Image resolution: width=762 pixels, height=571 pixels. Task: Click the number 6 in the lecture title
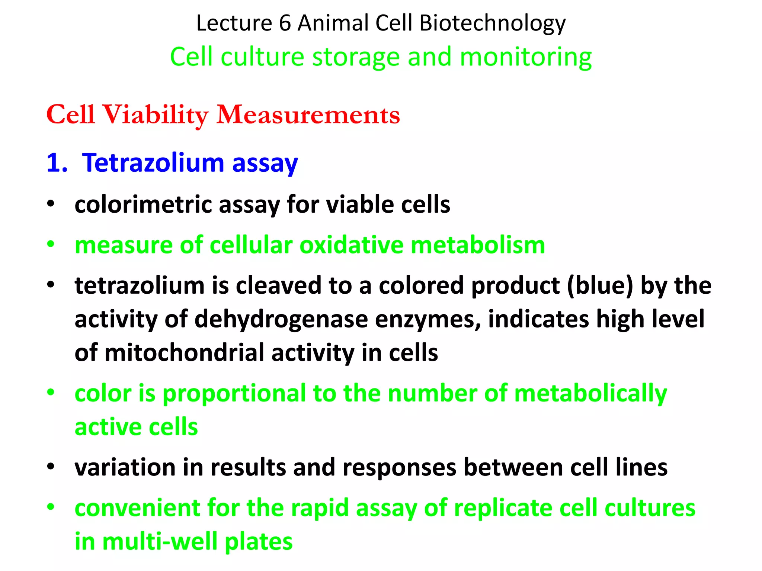tap(285, 23)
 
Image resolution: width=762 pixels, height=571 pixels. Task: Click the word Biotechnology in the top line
tap(492, 23)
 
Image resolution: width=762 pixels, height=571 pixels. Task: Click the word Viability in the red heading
tap(155, 114)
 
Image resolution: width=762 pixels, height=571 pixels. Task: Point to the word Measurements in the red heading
tap(308, 114)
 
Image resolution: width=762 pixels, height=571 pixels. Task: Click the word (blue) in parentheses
tap(600, 285)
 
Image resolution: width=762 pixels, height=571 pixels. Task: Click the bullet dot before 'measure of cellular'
tap(51, 245)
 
